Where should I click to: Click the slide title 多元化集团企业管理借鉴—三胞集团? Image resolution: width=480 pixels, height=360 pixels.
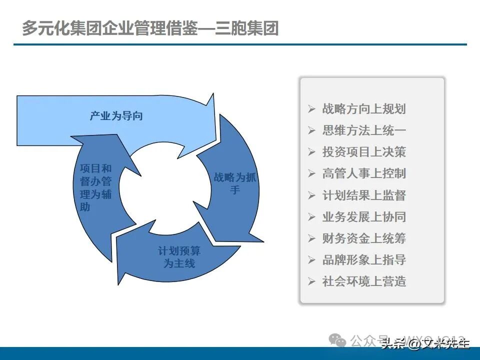[x=150, y=27]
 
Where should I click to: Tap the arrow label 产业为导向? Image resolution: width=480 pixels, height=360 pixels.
[x=116, y=116]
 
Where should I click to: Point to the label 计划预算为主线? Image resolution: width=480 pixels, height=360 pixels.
[x=179, y=257]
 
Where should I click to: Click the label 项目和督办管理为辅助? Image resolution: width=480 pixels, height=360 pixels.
[x=95, y=187]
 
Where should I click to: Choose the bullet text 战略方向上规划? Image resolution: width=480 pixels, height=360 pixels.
[x=364, y=109]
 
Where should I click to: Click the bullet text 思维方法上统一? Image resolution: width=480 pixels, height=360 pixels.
[x=364, y=130]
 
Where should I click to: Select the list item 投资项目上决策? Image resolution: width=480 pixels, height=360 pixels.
[x=364, y=152]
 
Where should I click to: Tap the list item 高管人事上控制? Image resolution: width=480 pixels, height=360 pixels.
[x=364, y=173]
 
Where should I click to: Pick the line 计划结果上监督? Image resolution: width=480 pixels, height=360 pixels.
[x=364, y=195]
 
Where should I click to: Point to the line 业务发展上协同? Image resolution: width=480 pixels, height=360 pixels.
[x=364, y=216]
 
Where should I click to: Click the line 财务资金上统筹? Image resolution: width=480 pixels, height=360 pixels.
[x=364, y=238]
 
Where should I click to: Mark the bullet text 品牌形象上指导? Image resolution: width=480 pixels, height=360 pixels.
[x=364, y=259]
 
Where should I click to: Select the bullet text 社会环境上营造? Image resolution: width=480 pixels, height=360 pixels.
[x=364, y=281]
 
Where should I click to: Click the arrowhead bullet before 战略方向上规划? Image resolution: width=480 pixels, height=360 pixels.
[x=312, y=109]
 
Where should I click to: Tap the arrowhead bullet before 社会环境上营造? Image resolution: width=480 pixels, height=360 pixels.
[x=312, y=281]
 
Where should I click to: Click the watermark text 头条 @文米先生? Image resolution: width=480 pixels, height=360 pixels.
[x=425, y=343]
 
